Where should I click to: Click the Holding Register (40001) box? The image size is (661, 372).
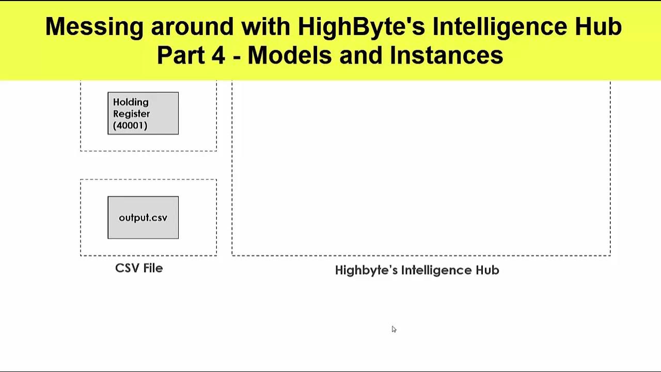[143, 114]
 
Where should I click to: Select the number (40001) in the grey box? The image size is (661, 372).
[130, 126]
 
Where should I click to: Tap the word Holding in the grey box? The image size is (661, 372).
[131, 102]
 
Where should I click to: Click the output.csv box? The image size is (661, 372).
[143, 218]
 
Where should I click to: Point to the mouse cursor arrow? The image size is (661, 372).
[394, 329]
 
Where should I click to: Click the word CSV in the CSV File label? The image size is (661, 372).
[126, 268]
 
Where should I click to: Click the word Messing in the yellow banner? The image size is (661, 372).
[94, 27]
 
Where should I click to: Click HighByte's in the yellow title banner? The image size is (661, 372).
[361, 27]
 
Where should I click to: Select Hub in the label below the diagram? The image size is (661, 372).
[489, 270]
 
